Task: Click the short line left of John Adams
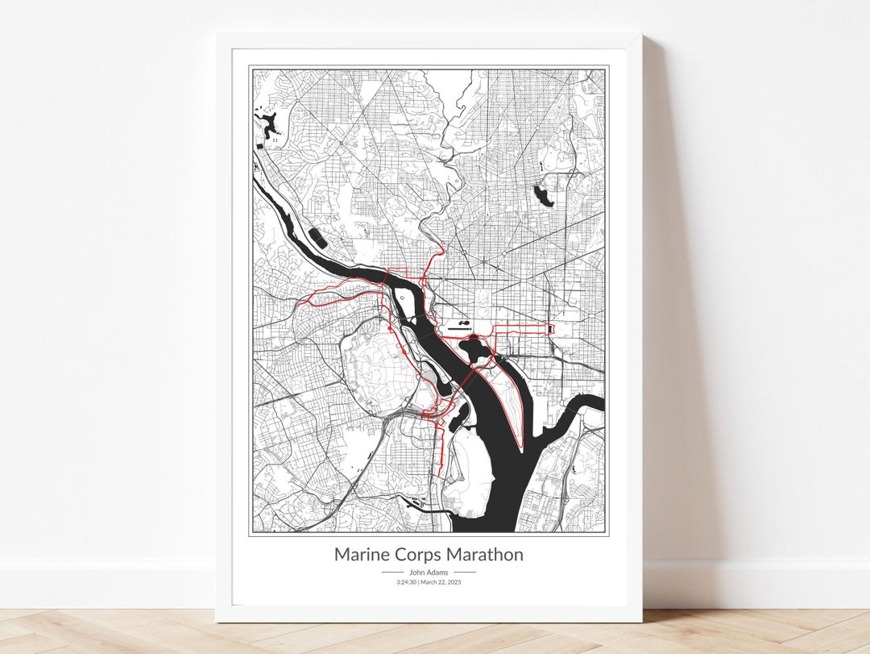(x=392, y=573)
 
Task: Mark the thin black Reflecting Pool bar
(x=458, y=329)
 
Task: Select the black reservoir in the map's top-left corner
(x=265, y=123)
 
